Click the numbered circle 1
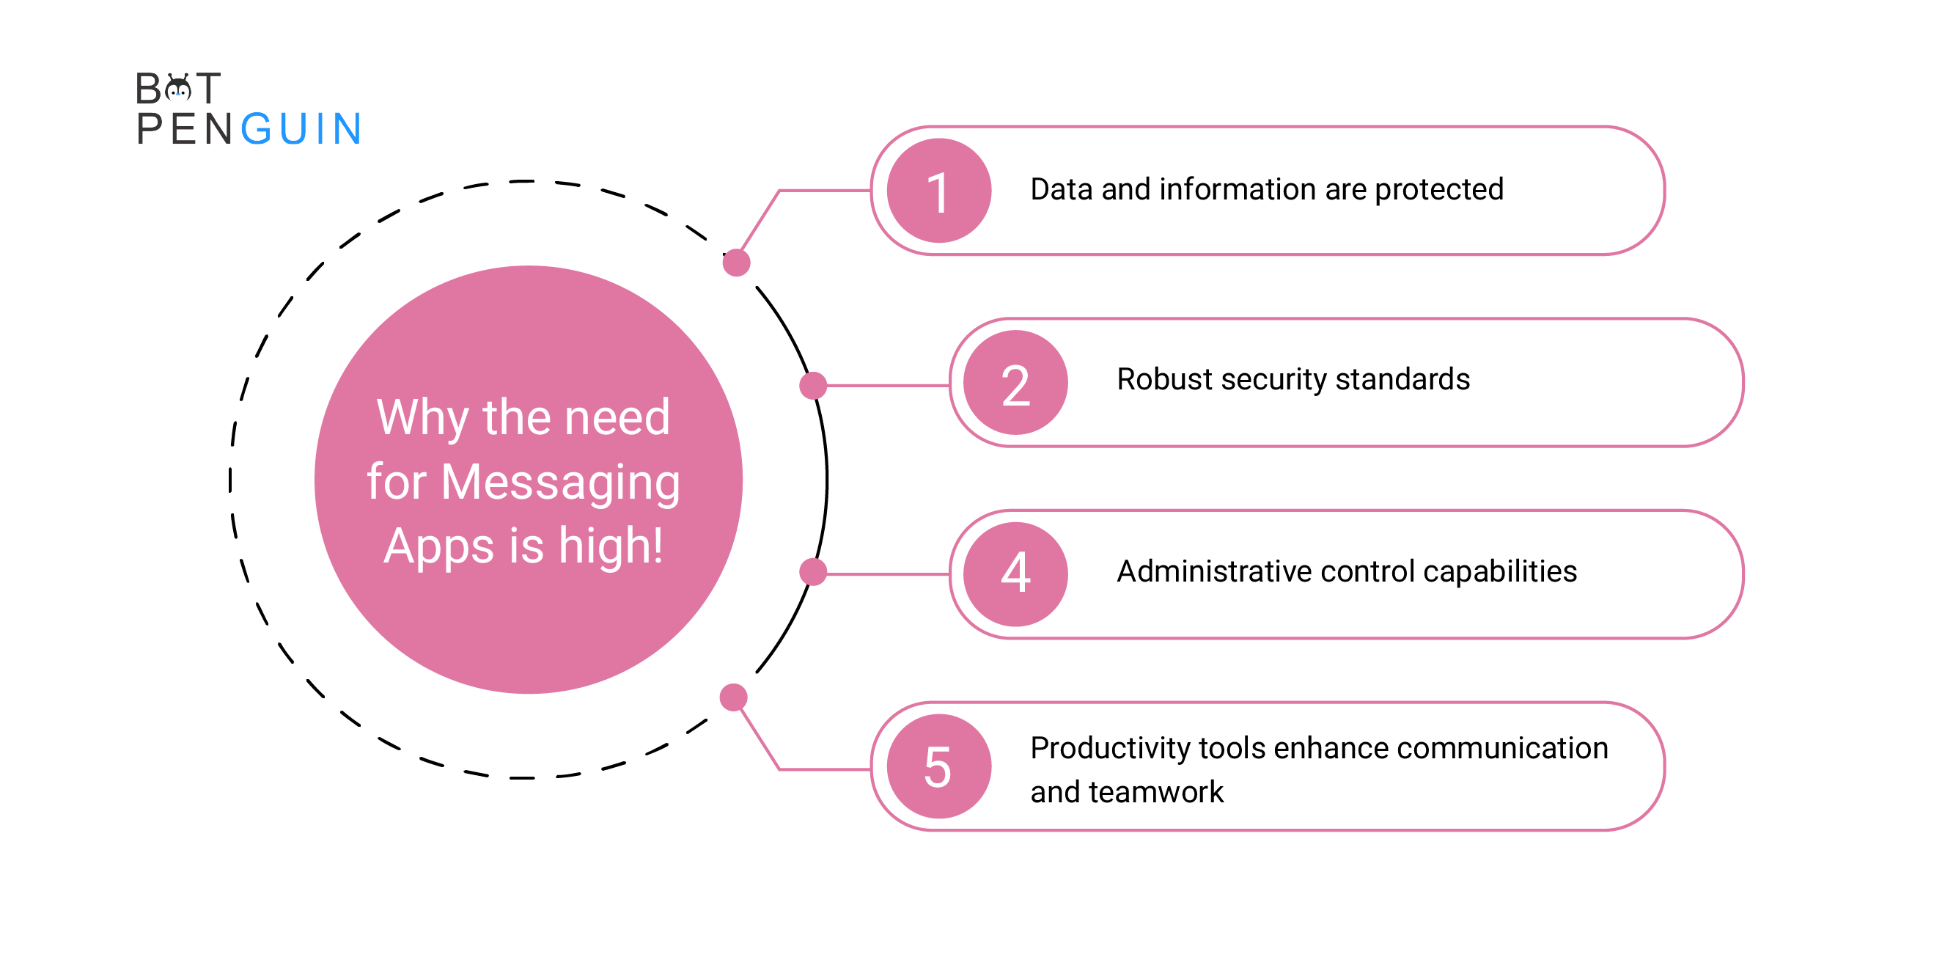(938, 191)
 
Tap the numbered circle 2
(1015, 383)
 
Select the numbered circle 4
(1015, 574)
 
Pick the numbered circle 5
(938, 766)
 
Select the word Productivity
(1110, 749)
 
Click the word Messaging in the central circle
(560, 483)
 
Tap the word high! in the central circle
(611, 546)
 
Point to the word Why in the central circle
(423, 418)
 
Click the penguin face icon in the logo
(177, 89)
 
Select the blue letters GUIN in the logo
(301, 128)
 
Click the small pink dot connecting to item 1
(737, 263)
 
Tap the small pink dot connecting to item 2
(813, 386)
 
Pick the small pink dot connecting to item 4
(813, 572)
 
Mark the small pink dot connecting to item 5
(733, 697)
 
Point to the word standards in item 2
(1402, 379)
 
